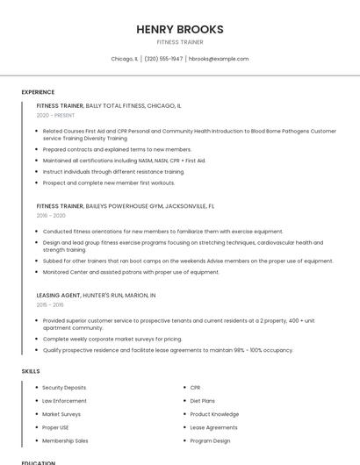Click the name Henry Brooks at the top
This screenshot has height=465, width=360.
tap(180, 29)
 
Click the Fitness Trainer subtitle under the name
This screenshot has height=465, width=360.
tap(180, 42)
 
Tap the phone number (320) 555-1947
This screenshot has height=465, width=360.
tap(163, 59)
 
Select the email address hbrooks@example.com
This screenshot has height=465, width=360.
tap(219, 59)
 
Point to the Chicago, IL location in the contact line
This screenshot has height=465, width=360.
tap(125, 59)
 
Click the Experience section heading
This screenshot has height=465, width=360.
tap(38, 92)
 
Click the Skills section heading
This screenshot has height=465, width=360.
tap(31, 371)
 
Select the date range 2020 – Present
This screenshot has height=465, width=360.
tap(55, 115)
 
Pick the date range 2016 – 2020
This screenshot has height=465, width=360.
tap(51, 215)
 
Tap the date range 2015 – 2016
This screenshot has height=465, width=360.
tap(50, 304)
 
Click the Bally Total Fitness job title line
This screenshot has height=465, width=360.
tap(109, 105)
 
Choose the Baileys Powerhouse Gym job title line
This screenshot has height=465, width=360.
tap(126, 205)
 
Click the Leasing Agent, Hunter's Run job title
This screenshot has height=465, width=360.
tap(96, 296)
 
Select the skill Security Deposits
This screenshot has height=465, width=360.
tap(64, 387)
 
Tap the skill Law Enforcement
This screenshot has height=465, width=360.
tap(64, 401)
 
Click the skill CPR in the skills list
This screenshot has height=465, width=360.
tap(195, 387)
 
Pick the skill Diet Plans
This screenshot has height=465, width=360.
tap(202, 401)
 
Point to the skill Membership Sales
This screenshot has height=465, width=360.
tap(65, 440)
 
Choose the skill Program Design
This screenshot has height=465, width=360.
tap(210, 440)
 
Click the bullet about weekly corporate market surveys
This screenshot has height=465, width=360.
tap(112, 339)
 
